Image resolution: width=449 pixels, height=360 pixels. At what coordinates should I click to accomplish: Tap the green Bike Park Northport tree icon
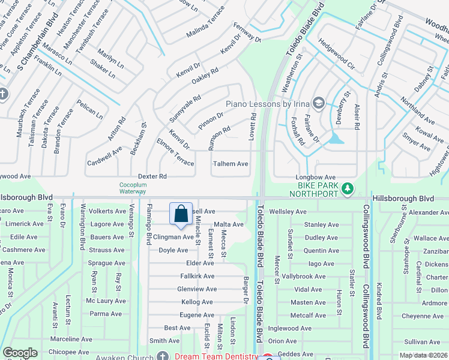pyautogui.click(x=347, y=189)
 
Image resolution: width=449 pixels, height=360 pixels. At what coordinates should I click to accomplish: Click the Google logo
pyautogui.click(x=20, y=353)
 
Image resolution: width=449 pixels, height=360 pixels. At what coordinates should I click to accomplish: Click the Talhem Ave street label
pyautogui.click(x=231, y=164)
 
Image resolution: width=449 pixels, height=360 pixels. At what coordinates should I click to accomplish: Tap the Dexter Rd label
pyautogui.click(x=152, y=176)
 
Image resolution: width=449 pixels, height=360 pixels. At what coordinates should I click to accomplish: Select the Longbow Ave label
pyautogui.click(x=315, y=178)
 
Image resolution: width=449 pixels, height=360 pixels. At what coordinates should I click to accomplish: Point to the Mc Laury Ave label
pyautogui.click(x=106, y=301)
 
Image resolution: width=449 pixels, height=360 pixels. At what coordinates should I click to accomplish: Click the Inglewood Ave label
pyautogui.click(x=290, y=328)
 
